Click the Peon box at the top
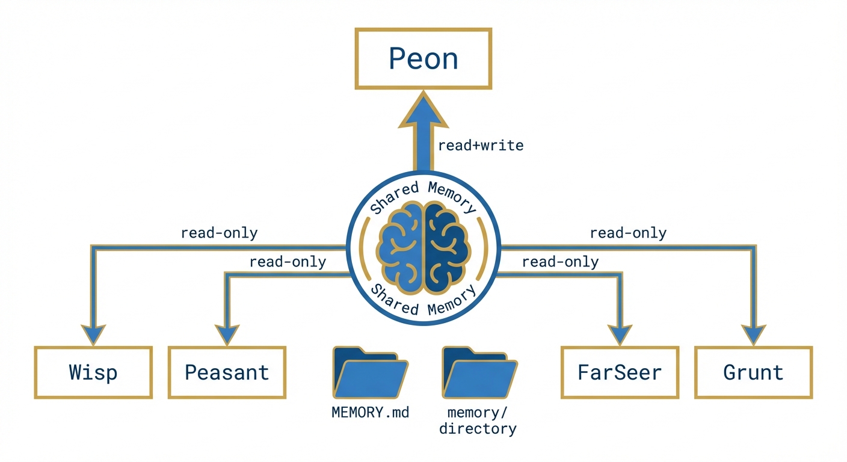[x=423, y=59]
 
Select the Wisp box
[x=93, y=372]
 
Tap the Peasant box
[x=227, y=372]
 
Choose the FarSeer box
[x=620, y=372]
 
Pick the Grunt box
[x=753, y=372]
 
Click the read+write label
[x=481, y=145]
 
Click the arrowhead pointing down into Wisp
[x=93, y=334]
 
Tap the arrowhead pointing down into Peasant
[x=227, y=334]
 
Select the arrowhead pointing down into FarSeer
[x=620, y=334]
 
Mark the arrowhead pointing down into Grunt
[x=753, y=334]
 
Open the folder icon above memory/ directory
[x=479, y=373]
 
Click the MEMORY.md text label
[x=370, y=413]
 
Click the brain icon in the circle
[x=423, y=247]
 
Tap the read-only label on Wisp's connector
[x=219, y=233]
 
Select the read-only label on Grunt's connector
[x=628, y=233]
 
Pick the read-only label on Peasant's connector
[x=288, y=262]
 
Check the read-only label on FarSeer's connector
[x=560, y=262]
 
